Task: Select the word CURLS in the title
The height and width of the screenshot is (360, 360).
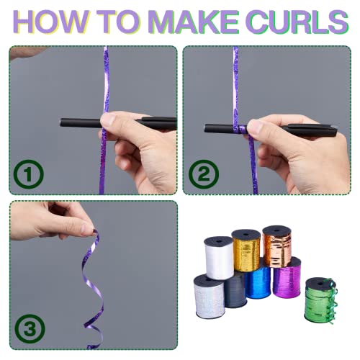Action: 299,22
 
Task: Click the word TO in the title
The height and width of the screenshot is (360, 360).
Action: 117,22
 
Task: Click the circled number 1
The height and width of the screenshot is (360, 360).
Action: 29,174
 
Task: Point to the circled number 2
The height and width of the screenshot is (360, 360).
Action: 204,174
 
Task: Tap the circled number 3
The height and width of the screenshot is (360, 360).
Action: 30,329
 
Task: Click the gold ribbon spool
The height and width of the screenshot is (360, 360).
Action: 246,250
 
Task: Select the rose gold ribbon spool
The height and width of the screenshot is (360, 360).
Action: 277,246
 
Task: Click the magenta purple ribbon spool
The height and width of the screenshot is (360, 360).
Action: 287,278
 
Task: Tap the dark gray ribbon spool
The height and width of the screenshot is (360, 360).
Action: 235,291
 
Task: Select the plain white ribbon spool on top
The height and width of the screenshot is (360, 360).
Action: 219,258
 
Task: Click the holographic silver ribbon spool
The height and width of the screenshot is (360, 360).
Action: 209,297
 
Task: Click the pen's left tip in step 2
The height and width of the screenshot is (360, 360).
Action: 205,127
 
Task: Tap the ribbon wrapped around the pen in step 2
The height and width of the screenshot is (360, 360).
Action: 240,130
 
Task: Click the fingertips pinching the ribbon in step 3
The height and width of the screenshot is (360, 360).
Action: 89,230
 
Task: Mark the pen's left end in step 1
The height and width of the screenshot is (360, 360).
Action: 61,122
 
